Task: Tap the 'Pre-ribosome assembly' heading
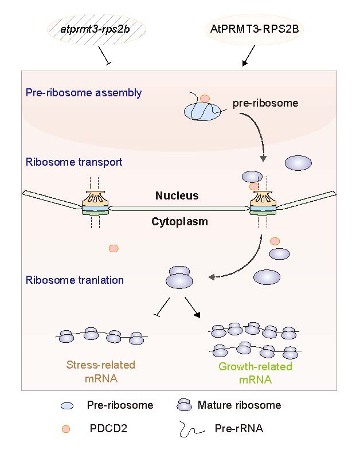pyautogui.click(x=84, y=93)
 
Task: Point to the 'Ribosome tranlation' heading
pyautogui.click(x=75, y=280)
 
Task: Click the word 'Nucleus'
pyautogui.click(x=177, y=196)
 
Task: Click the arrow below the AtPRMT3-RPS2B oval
pyautogui.click(x=248, y=56)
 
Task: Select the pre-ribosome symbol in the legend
pyautogui.click(x=67, y=406)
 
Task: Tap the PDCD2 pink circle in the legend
pyautogui.click(x=67, y=428)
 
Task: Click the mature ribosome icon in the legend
pyautogui.click(x=183, y=405)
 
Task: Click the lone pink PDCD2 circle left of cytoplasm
pyautogui.click(x=114, y=248)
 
